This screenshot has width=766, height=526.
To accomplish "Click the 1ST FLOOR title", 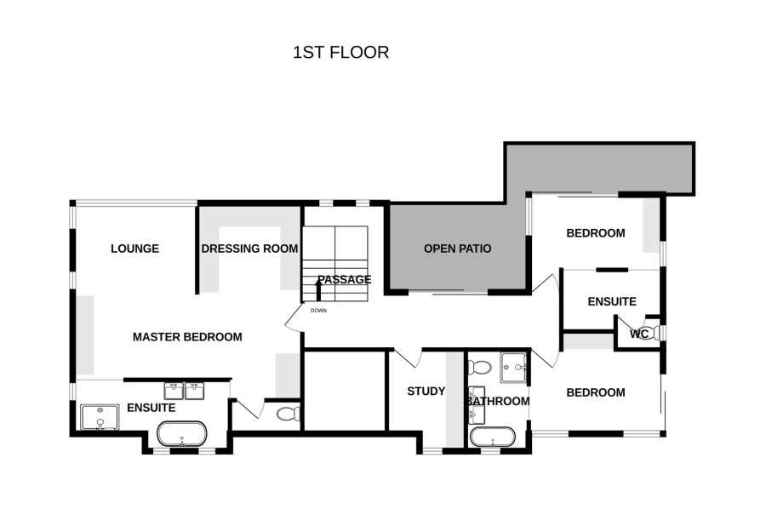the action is pos(340,52).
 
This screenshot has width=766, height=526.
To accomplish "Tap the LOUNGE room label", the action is pos(134,249).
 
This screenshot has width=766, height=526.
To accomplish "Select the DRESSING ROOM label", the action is pos(249,249).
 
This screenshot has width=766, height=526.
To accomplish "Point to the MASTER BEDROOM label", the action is pos(187,337).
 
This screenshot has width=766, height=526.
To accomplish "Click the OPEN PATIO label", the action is pos(457,249).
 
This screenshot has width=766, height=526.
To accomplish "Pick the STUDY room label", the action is pos(426,392).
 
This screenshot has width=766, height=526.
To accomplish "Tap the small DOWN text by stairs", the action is pos(318,311).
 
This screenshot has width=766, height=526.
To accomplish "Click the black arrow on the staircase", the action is pos(318,289).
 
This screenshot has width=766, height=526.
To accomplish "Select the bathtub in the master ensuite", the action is pos(182,434).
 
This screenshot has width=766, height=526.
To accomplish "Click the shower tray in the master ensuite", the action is pos(100,417).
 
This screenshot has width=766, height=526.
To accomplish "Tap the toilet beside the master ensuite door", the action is pos(289,415).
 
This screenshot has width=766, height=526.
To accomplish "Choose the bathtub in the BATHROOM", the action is pos(493,437).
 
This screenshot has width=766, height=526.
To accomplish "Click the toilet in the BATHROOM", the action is pos(480,368).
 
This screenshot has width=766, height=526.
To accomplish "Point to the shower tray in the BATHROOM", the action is pos(513,368).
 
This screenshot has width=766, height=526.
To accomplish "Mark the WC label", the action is pos(639,334).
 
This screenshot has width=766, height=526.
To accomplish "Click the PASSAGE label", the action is pos(345,279).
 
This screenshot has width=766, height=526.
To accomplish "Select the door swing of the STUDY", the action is pos(407,357).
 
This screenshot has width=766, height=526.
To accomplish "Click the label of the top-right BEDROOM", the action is pos(596,233).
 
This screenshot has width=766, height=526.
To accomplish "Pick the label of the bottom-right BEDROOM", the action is pos(596,392).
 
